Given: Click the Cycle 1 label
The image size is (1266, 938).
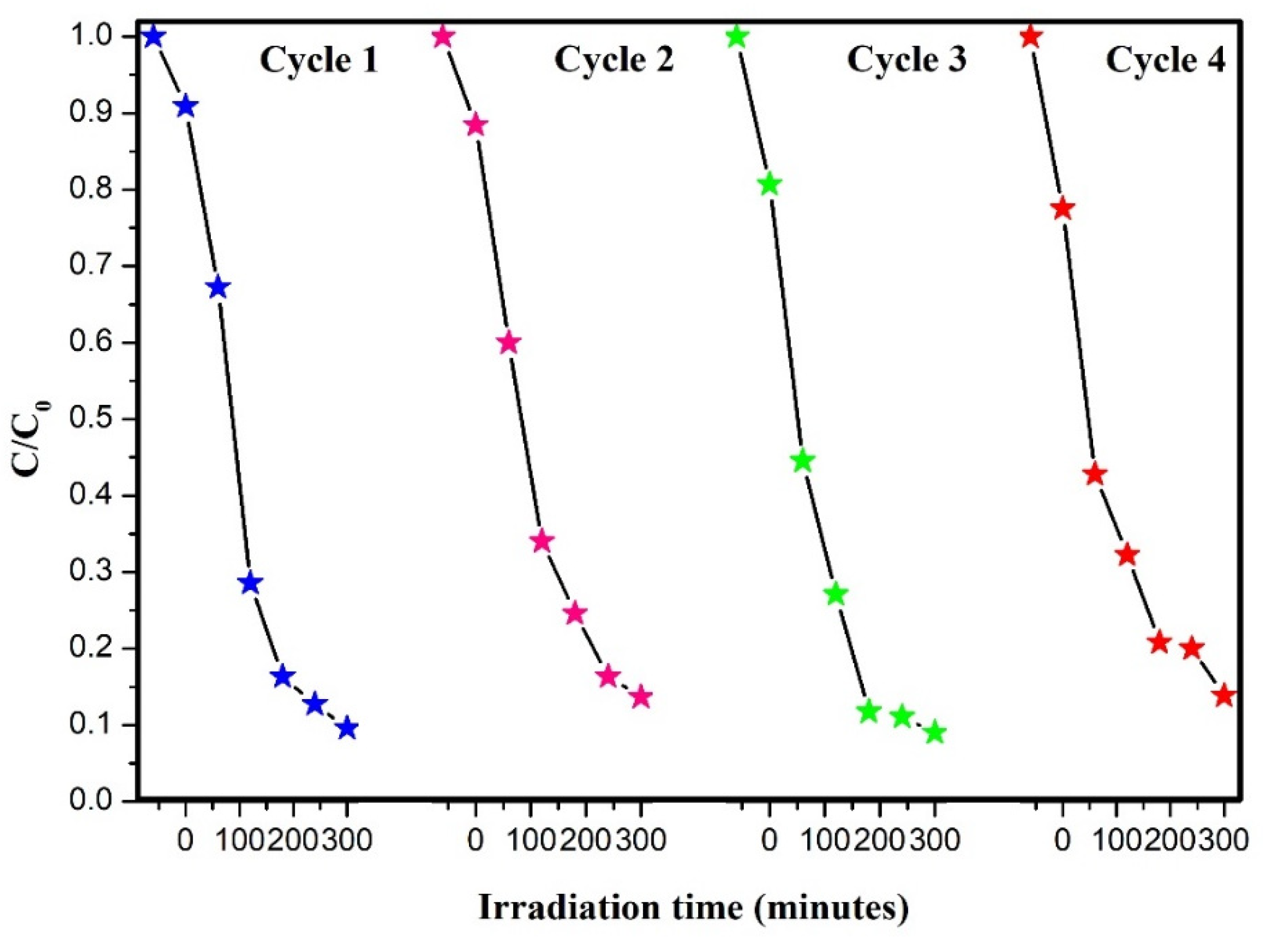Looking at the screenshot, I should coord(319,60).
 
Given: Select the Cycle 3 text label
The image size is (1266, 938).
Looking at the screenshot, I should coord(906,60).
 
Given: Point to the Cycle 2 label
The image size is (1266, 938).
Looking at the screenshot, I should coord(613,60).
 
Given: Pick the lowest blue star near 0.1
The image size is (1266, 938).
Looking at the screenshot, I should coord(347,728).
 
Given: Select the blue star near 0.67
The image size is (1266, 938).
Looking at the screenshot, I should coord(218,289).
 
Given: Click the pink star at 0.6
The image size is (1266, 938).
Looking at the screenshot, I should coord(509,343).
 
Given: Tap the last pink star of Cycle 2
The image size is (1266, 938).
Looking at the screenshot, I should coord(641,697).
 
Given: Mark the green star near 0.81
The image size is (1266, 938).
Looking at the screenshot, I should coord(770,185).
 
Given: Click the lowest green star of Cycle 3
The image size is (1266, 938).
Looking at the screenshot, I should coord(934,733).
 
